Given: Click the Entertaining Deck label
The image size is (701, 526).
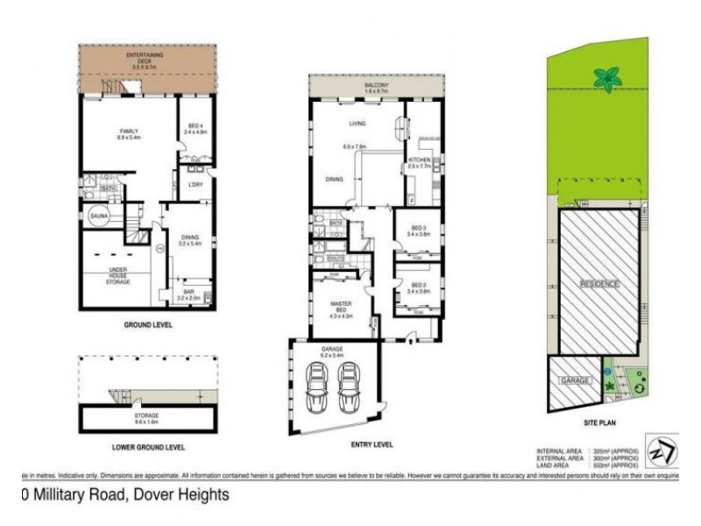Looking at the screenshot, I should (146, 58).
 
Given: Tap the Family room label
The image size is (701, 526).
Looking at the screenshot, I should (130, 134).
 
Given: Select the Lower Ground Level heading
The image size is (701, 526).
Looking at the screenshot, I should (149, 447).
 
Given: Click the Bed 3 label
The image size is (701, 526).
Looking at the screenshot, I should (417, 230).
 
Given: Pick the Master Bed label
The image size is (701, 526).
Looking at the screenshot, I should (340, 308).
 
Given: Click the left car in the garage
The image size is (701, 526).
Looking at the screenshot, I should (317, 383).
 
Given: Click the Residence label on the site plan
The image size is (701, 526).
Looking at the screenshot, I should (600, 284).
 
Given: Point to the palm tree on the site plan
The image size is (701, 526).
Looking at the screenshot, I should (606, 79).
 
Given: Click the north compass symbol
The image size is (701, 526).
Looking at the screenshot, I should (659, 447).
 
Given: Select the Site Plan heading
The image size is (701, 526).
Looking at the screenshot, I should (601, 421).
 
